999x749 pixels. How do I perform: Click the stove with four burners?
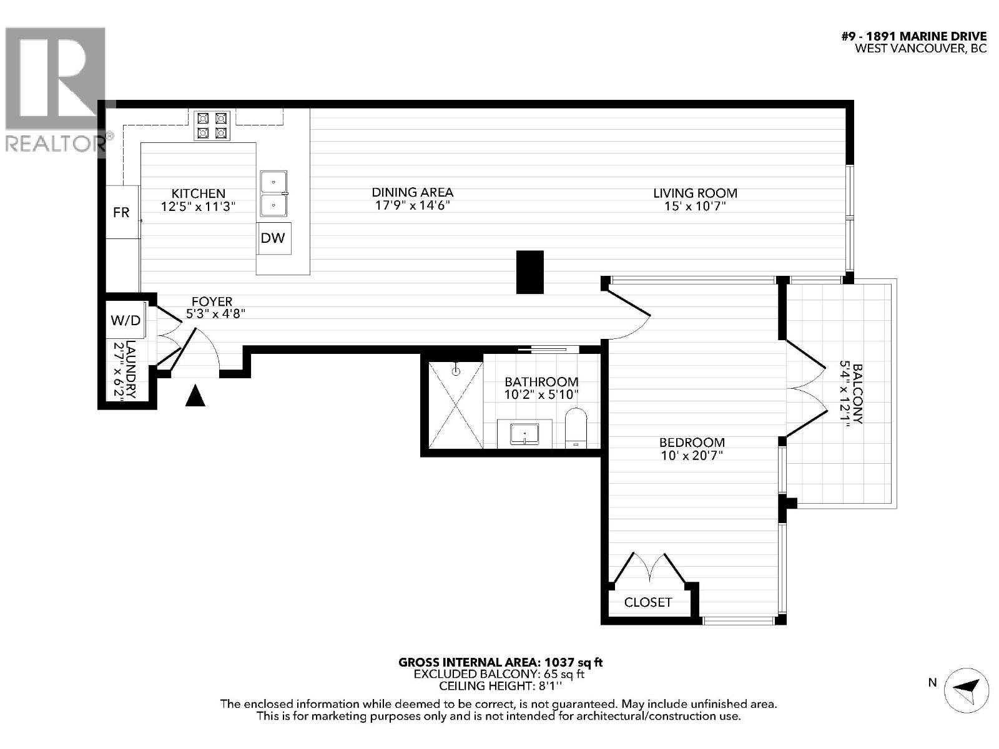[x=212, y=125]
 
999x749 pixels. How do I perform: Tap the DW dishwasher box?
[x=273, y=238]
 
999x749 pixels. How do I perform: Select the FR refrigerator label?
[x=121, y=212]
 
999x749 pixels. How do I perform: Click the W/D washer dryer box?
[x=126, y=321]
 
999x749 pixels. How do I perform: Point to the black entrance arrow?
[x=195, y=396]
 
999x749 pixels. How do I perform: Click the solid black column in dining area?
[x=529, y=272]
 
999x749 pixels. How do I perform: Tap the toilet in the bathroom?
[x=576, y=428]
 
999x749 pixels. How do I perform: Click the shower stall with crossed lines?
[x=455, y=404]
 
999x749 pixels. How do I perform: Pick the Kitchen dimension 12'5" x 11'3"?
[x=198, y=207]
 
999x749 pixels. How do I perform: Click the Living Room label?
[x=695, y=193]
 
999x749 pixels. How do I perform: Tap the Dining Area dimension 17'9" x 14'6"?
[x=412, y=205]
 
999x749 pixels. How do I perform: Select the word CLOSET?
[x=648, y=602]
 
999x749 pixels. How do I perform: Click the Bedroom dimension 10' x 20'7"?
[x=692, y=456]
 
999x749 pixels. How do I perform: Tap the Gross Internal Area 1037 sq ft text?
[x=500, y=662]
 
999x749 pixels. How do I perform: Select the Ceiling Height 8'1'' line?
[x=500, y=686]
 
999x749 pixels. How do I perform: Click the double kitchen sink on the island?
[x=273, y=193]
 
